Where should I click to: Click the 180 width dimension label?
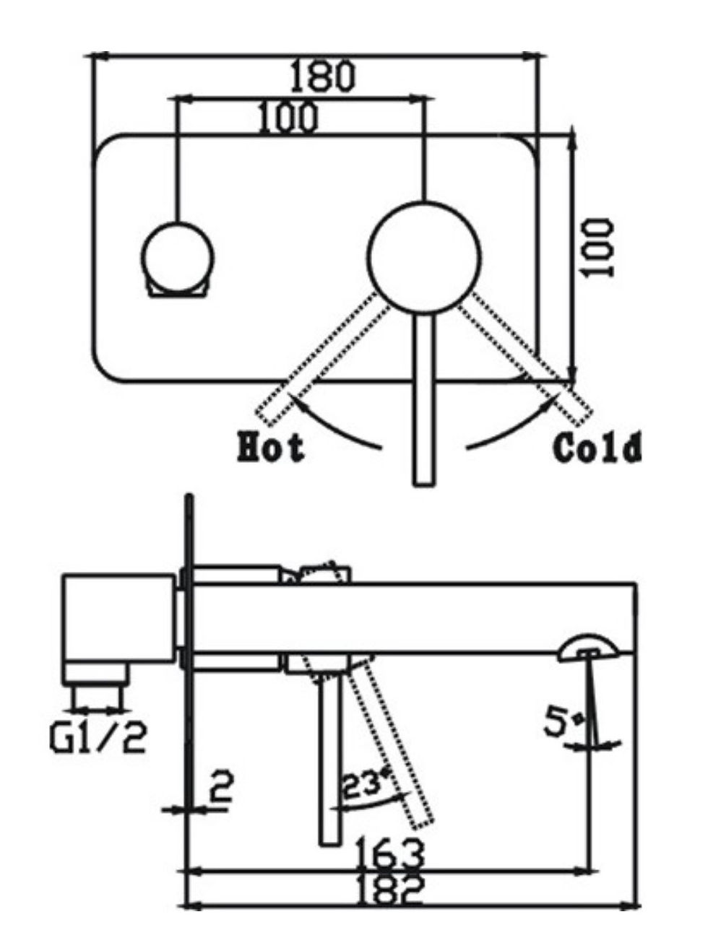[322, 76]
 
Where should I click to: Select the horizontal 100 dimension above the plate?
[288, 118]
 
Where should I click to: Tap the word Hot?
[271, 448]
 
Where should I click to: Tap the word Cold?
[597, 448]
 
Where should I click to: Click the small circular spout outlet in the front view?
[178, 256]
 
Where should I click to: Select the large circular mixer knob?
[424, 258]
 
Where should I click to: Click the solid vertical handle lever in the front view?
[424, 404]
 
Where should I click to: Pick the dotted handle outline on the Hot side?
[318, 361]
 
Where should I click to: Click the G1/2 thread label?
[98, 738]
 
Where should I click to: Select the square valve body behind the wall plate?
[119, 618]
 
